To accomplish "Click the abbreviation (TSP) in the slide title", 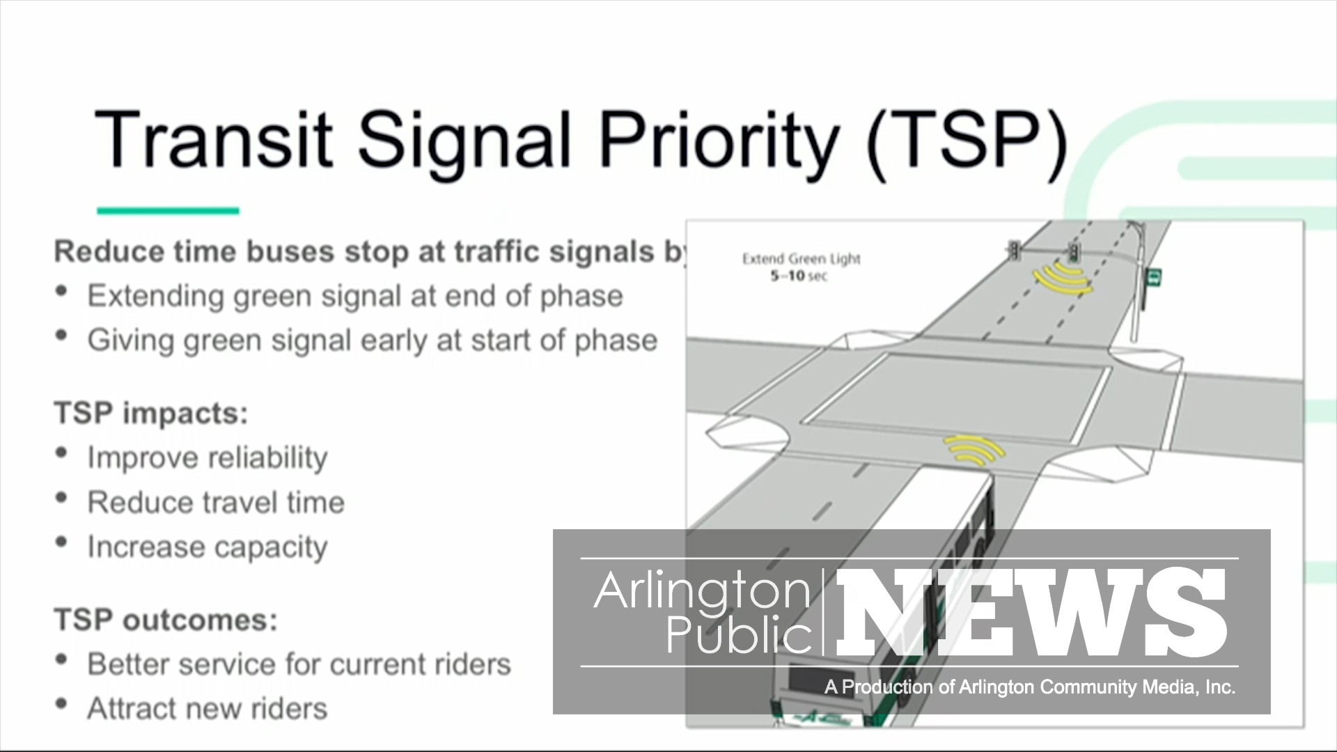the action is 967,139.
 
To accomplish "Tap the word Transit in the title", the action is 213,139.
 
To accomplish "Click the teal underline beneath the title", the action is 168,210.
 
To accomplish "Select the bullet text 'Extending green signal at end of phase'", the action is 355,296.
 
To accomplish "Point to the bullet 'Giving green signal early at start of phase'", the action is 373,340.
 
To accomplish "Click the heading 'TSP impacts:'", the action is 151,414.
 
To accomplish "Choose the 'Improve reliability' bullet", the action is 208,458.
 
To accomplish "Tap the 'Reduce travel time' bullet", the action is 216,502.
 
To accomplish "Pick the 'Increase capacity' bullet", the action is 208,547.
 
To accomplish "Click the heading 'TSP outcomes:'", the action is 166,620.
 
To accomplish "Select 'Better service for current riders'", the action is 299,664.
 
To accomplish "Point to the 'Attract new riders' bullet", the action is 208,709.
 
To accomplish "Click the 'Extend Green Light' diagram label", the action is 802,260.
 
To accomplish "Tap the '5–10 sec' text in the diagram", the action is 799,276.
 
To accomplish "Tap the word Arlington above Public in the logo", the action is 702,592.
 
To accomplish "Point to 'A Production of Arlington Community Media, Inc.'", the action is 1030,687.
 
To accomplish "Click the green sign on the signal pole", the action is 1155,278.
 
